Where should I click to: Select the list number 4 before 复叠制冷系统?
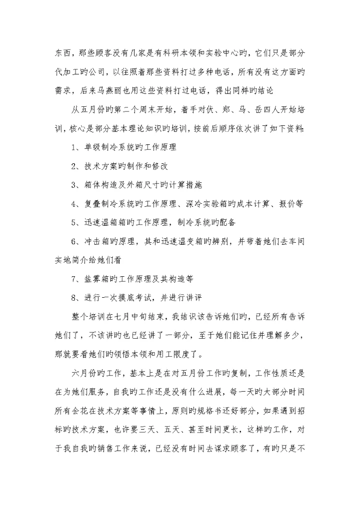73,203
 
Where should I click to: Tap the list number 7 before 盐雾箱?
73,279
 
